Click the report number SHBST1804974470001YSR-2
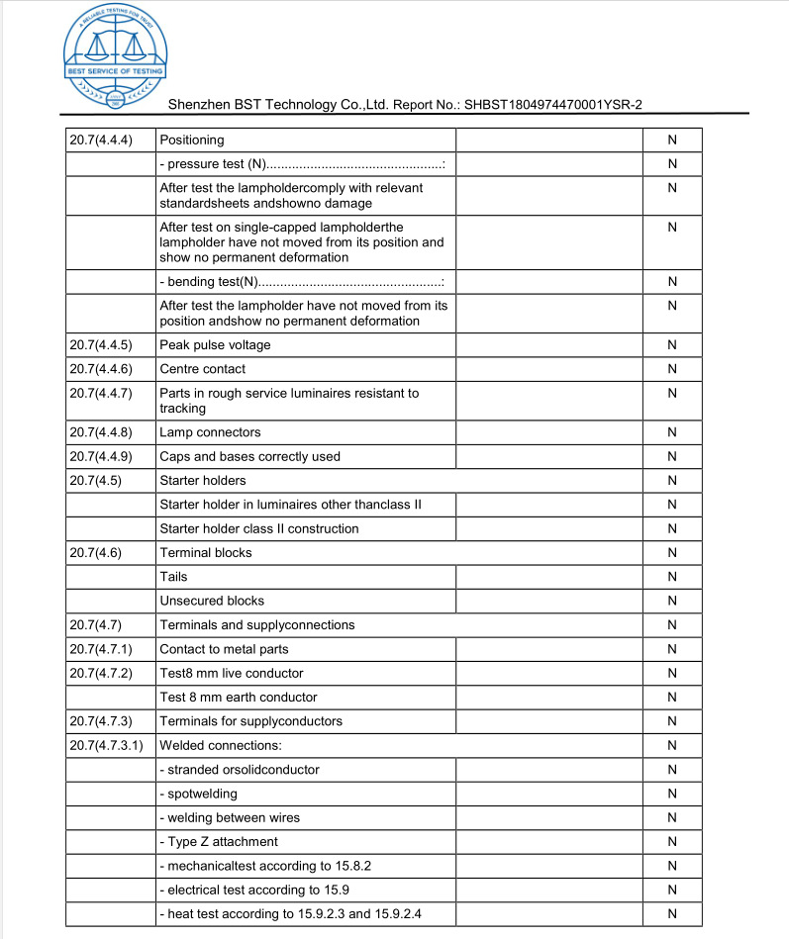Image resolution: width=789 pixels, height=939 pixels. point(554,104)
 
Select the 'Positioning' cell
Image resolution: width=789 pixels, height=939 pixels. point(192,140)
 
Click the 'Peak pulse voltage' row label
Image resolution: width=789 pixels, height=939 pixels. point(215,345)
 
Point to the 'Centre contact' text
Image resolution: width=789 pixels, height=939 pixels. point(202,369)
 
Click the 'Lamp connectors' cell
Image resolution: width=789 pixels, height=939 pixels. point(210,432)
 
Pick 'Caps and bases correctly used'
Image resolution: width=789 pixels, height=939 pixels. point(249,456)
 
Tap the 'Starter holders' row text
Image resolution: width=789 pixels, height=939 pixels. point(202,481)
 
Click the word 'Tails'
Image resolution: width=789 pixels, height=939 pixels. point(173,577)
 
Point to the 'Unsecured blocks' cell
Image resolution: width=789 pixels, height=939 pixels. point(212,601)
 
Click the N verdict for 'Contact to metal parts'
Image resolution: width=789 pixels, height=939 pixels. point(672,649)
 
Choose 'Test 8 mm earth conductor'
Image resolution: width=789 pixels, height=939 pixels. point(239,698)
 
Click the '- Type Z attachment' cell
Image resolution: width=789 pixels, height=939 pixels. point(219,842)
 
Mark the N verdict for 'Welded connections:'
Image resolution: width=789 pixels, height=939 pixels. point(672,745)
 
